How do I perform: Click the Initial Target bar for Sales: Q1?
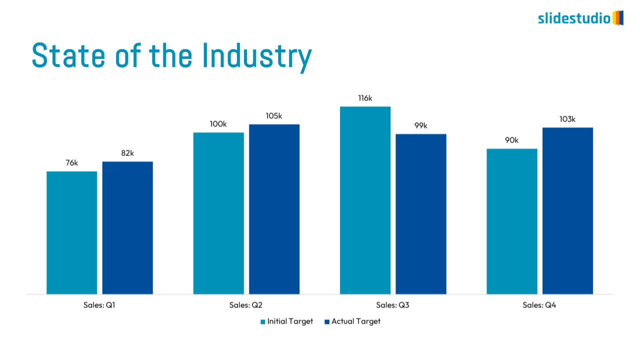[72, 232]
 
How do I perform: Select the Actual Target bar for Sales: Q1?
[127, 227]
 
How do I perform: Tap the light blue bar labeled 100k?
[218, 213]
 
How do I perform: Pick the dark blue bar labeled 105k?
[274, 209]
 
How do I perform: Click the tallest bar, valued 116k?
[365, 200]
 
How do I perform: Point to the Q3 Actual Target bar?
[420, 214]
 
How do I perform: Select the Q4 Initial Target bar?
[512, 221]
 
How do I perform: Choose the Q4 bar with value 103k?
[567, 210]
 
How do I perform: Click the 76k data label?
[72, 163]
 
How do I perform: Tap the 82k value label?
[127, 153]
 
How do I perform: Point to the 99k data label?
[420, 125]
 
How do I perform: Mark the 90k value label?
[512, 140]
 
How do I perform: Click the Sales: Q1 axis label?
[99, 305]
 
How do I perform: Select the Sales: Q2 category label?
[246, 305]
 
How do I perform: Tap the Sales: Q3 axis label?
[392, 305]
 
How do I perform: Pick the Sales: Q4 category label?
[539, 305]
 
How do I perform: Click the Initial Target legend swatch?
[262, 321]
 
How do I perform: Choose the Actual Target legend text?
[356, 321]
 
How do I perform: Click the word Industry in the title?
[257, 56]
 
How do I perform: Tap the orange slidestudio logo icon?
[618, 18]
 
